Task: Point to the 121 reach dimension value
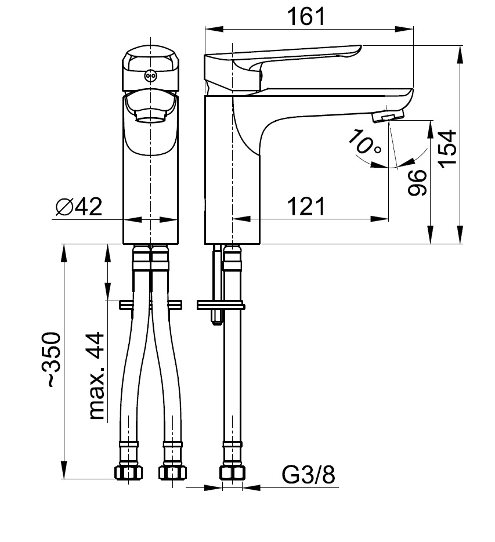coord(305,206)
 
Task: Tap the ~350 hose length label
coord(52,360)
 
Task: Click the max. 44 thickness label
coord(96,376)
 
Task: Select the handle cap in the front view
coord(151,70)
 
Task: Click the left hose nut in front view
coord(129,472)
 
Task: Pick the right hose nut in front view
coord(173,472)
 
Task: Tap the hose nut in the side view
coord(232,472)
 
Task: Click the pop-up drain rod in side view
coord(216,284)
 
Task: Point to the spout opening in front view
coord(151,118)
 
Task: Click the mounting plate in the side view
coord(221,304)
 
